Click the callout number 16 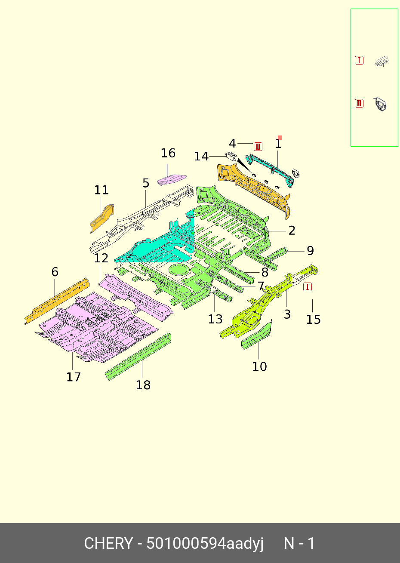point(168,153)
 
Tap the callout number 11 point(102,190)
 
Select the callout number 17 point(74,377)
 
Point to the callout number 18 point(143,385)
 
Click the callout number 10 point(259,366)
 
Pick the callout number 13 point(215,319)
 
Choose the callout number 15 point(314,319)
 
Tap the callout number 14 point(201,157)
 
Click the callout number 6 point(55,272)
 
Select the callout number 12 point(101,258)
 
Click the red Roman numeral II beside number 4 point(258,147)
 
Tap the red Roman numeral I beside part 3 point(308,287)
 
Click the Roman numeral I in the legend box point(359,60)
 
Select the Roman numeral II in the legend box point(359,103)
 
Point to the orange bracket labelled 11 point(102,217)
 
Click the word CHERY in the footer point(108,544)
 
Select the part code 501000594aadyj point(205,544)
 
